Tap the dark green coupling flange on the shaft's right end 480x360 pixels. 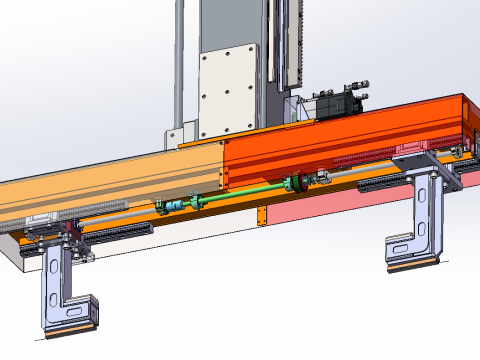click(295, 183)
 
